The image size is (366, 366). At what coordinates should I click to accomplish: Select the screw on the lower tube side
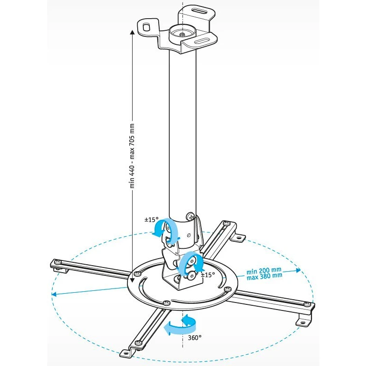tap(190, 216)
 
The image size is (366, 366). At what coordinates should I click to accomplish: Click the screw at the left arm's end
tap(56, 263)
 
